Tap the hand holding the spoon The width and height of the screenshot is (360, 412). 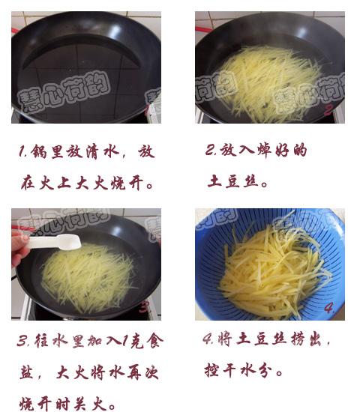tap(19, 249)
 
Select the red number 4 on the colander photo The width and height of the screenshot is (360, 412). tap(329, 307)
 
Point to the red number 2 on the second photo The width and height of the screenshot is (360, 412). tap(328, 110)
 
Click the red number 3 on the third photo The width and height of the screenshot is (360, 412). tap(144, 307)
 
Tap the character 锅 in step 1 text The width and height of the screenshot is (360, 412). tap(39, 151)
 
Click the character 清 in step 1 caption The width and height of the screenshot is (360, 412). tap(92, 151)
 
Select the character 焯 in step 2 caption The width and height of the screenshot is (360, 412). tap(264, 151)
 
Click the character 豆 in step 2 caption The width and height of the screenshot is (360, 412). tap(232, 181)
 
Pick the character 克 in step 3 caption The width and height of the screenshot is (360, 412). tap(136, 341)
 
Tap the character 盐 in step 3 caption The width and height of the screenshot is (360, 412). tap(26, 372)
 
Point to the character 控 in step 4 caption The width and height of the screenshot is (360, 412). tap(211, 371)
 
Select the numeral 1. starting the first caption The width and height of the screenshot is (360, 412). tap(22, 152)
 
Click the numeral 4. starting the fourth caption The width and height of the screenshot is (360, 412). tap(208, 339)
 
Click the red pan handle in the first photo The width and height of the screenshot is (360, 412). tap(14, 31)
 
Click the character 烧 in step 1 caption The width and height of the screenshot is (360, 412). tap(118, 183)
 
